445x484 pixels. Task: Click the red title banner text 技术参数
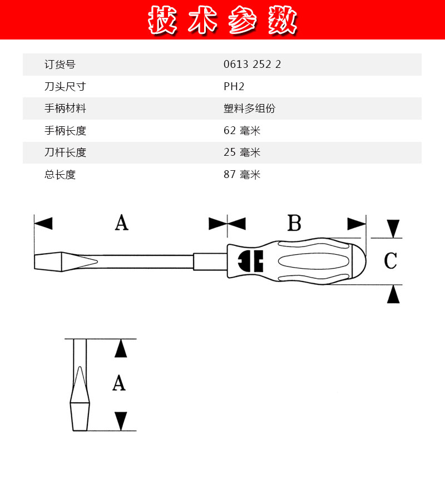222,21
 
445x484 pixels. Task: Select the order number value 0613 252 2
252,64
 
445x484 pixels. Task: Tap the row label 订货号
60,64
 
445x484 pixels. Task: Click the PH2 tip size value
234,86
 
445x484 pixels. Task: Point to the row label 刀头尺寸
65,86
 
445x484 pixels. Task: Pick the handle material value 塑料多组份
249,108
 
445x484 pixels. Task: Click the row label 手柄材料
65,108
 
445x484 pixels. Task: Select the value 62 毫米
242,131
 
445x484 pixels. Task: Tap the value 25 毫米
242,152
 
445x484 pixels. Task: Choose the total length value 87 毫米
242,175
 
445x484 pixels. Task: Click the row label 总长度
60,175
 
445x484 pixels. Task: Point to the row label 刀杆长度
65,152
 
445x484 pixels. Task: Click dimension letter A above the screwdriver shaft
122,223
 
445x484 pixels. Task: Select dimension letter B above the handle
294,223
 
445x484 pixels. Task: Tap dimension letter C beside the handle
390,261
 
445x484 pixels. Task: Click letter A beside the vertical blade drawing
119,383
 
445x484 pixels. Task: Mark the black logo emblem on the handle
250,261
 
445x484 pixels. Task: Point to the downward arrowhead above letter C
393,229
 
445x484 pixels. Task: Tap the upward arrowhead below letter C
393,294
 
